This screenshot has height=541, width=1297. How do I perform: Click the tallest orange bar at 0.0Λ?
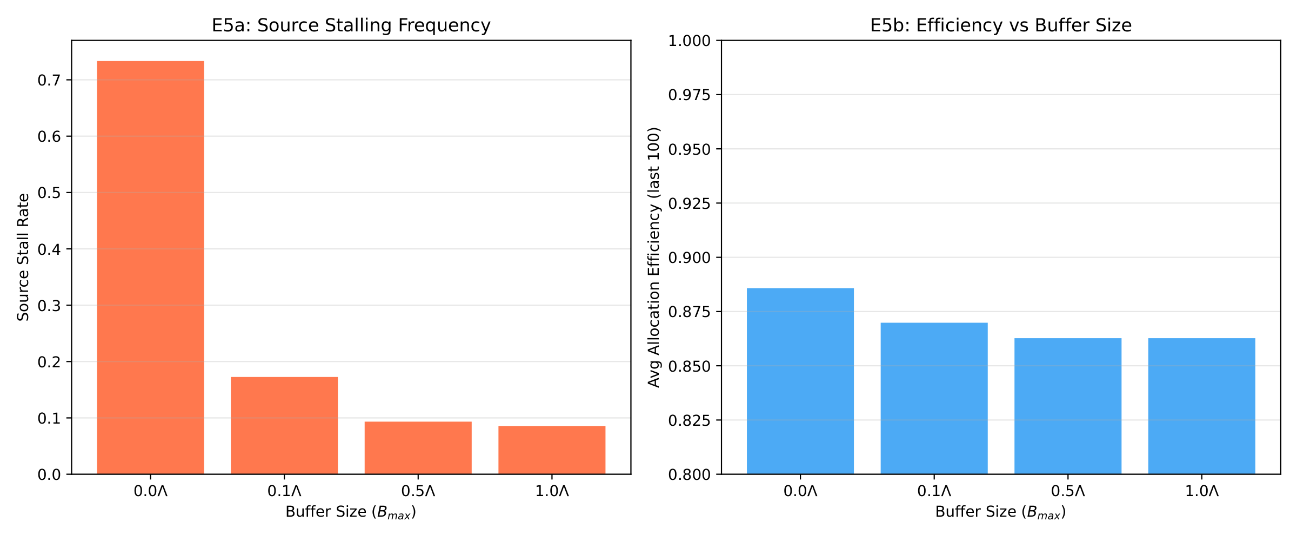pyautogui.click(x=150, y=268)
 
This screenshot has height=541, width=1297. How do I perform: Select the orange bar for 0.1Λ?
pyautogui.click(x=284, y=425)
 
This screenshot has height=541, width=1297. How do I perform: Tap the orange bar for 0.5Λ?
pyautogui.click(x=418, y=447)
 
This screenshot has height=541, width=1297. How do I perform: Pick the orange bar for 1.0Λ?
pyautogui.click(x=552, y=450)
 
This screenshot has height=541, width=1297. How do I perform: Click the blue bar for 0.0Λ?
pyautogui.click(x=800, y=381)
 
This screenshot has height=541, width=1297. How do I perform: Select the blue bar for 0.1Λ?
pyautogui.click(x=934, y=398)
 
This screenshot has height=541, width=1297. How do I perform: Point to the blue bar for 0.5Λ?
pyautogui.click(x=1067, y=406)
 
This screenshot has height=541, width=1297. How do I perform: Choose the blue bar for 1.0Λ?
pyautogui.click(x=1201, y=406)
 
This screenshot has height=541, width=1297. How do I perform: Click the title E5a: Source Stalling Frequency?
pyautogui.click(x=351, y=25)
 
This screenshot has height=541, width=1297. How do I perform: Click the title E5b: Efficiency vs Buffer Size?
pyautogui.click(x=1000, y=25)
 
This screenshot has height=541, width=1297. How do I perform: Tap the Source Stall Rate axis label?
pyautogui.click(x=23, y=258)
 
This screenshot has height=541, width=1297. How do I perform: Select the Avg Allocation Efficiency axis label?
pyautogui.click(x=654, y=258)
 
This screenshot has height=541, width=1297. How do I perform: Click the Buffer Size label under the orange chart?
pyautogui.click(x=351, y=512)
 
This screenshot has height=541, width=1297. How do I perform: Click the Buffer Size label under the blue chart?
pyautogui.click(x=1000, y=512)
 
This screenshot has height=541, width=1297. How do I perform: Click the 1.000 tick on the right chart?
pyautogui.click(x=689, y=41)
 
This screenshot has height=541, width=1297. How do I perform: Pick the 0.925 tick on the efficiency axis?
pyautogui.click(x=689, y=203)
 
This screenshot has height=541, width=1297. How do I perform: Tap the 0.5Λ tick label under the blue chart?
pyautogui.click(x=1068, y=491)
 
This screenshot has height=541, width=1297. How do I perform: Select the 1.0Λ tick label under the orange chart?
pyautogui.click(x=552, y=491)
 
